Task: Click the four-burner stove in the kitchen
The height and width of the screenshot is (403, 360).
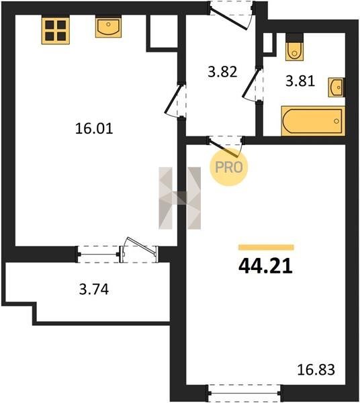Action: coord(56,30)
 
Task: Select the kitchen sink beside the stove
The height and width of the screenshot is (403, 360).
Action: coord(108,26)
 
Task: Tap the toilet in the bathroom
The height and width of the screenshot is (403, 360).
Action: coord(294,47)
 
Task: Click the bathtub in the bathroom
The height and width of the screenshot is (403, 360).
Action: coord(313,121)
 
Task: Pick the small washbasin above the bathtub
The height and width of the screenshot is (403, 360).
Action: coord(336,87)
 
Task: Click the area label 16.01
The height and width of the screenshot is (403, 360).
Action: coord(94,128)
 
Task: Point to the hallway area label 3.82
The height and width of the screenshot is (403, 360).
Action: coord(222,72)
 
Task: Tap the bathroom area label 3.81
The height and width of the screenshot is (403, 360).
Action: coord(300,81)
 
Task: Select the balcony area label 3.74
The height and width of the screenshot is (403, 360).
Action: coord(94,289)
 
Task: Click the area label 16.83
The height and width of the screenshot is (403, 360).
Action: coord(316,370)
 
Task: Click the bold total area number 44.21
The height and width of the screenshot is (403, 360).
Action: coord(266,266)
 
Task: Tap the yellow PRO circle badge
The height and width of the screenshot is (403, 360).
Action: coord(228,167)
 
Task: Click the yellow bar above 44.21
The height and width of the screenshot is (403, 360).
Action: coord(266,247)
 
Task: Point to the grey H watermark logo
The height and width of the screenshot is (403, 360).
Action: coord(179,198)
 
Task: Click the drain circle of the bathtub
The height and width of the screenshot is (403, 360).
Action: coord(336,121)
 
